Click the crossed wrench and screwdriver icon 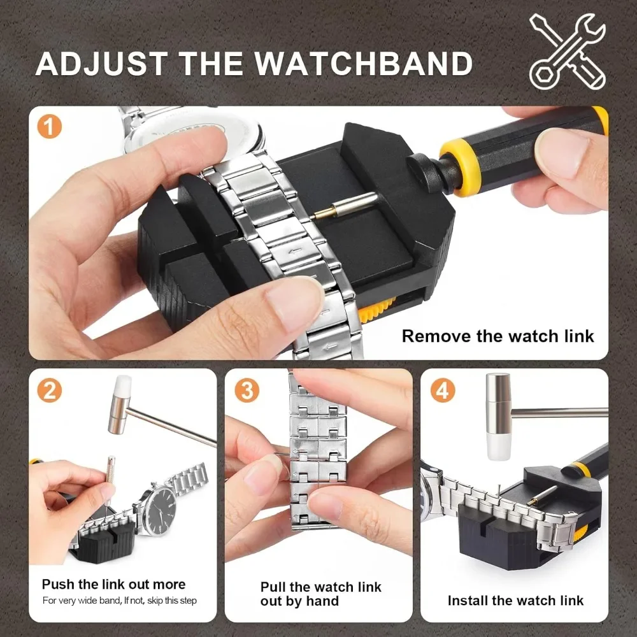pos(567,52)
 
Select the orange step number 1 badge pos(50,126)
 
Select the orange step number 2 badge pos(50,390)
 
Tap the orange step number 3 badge pos(247,390)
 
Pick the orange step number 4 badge pos(443,390)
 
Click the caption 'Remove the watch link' pos(497,336)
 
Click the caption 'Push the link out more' pos(113,584)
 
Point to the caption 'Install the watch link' pos(515,600)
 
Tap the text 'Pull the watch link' pos(320,587)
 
